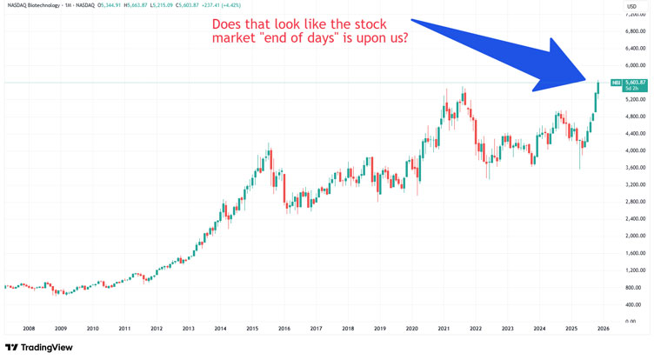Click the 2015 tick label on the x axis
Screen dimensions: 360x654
252,329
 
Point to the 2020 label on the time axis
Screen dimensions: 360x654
412,329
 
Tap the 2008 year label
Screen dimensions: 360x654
29,329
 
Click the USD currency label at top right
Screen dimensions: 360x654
632,7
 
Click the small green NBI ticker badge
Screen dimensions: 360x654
615,83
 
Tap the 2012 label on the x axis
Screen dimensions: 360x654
157,329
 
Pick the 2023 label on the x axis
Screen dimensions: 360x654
508,329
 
